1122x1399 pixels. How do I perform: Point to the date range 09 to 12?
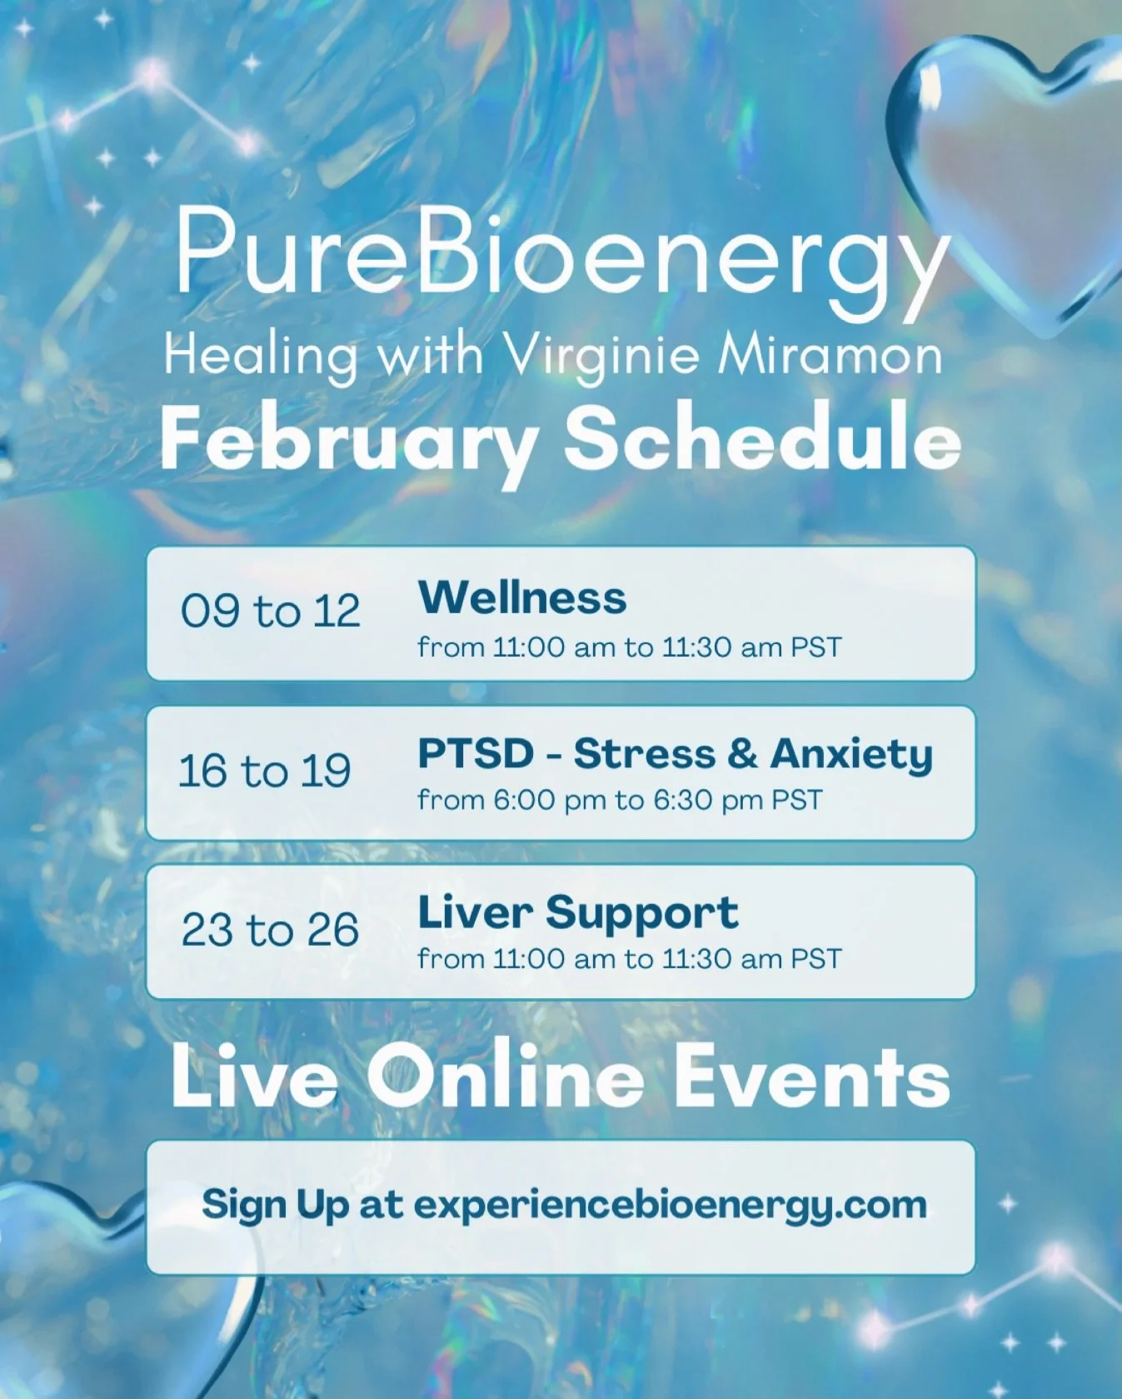pos(271,612)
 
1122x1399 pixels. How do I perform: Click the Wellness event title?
pos(522,597)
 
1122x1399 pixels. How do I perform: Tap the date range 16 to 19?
pos(265,771)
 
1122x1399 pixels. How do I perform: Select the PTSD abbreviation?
pos(475,754)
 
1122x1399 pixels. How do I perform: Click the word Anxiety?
pos(850,755)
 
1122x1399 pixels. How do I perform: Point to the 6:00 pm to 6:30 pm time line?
pos(620,801)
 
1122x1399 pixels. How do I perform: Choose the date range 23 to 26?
pos(271,930)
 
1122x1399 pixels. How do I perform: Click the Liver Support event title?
pos(578,912)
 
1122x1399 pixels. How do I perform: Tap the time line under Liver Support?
pos(630,959)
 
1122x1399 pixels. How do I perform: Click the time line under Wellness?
pos(630,647)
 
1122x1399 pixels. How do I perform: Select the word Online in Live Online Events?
pos(506,1077)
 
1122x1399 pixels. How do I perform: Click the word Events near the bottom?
pos(811,1077)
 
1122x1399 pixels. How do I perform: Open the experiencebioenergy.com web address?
pos(671,1205)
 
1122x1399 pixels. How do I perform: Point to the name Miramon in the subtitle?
pos(830,357)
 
